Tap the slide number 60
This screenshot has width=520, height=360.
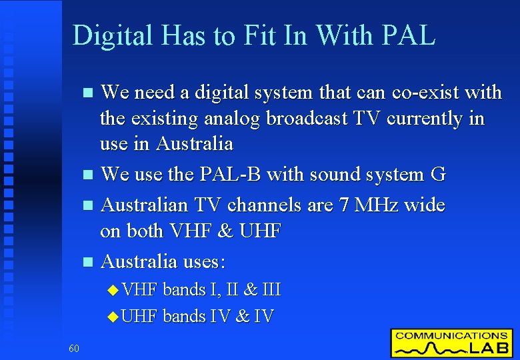(x=73, y=347)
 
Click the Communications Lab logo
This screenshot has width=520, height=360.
(x=451, y=343)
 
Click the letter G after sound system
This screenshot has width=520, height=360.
(x=438, y=175)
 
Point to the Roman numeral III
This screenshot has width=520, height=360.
(x=271, y=290)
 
